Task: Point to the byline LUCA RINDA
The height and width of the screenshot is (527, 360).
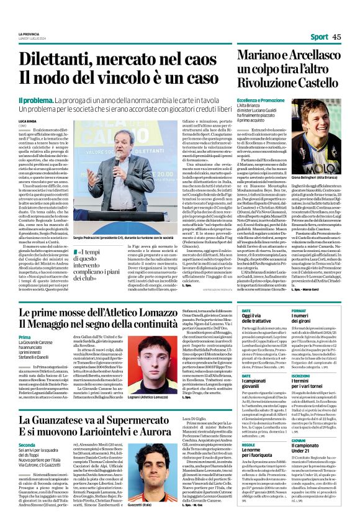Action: coord(28,119)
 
